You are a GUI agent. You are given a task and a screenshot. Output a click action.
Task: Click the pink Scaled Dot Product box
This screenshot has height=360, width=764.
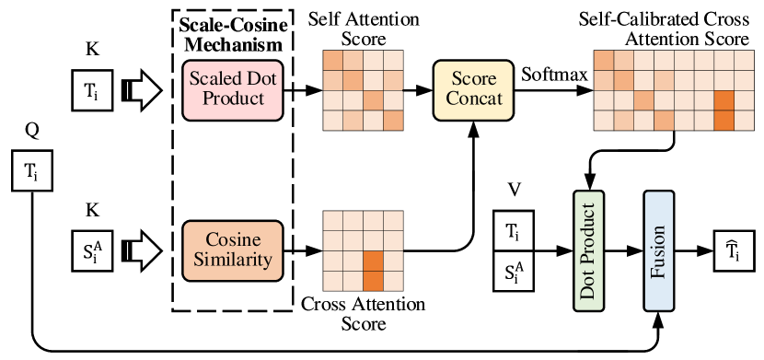(233, 90)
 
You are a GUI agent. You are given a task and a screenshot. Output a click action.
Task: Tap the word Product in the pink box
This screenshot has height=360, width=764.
(233, 99)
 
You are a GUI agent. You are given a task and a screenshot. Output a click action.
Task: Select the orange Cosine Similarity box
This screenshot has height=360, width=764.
(233, 250)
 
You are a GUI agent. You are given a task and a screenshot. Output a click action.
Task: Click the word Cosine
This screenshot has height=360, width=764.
(233, 239)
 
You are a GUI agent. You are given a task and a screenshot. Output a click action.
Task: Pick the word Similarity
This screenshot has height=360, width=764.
(233, 261)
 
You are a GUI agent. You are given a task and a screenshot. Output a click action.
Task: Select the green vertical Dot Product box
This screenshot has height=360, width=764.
(588, 250)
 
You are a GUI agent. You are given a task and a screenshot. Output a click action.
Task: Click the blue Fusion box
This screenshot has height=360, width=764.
(659, 250)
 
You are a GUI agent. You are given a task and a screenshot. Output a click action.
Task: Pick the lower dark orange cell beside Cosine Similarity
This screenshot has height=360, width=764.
(373, 281)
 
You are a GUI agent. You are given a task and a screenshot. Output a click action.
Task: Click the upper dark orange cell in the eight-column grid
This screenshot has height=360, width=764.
(724, 100)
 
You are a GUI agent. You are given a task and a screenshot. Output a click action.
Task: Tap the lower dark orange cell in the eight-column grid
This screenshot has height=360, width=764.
(724, 121)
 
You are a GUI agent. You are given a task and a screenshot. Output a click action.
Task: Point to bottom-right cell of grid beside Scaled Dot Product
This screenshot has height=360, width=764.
(393, 121)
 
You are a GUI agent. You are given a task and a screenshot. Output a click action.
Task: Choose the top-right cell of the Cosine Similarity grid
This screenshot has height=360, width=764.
(393, 221)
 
